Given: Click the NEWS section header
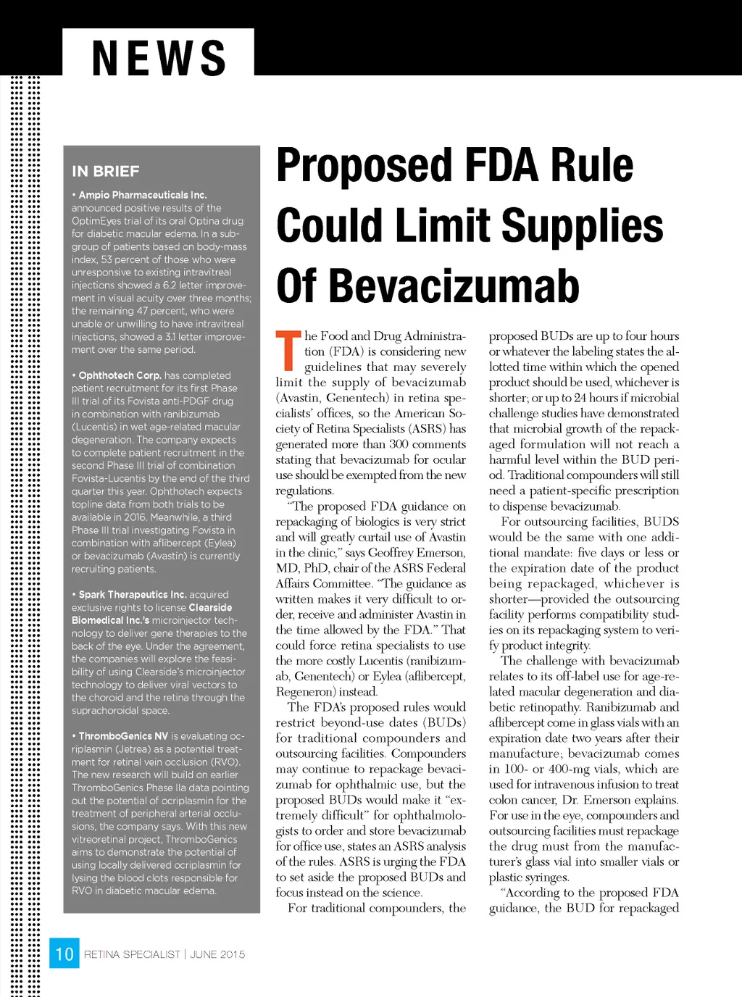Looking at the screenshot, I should [159, 57].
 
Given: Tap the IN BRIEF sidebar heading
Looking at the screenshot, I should [105, 172].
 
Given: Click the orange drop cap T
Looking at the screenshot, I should [288, 351].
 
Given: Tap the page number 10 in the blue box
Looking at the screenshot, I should [64, 954].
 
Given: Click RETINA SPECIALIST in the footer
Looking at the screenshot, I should [131, 954].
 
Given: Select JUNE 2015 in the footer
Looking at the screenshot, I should [217, 954].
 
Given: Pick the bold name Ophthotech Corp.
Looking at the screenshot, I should [120, 375].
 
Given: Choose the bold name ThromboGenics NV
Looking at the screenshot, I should [123, 736].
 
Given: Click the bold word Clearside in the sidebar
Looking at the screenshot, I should [210, 607].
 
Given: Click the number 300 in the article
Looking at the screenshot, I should [399, 444].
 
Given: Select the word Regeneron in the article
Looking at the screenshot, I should [301, 692].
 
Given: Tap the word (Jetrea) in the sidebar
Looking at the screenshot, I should [135, 749].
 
